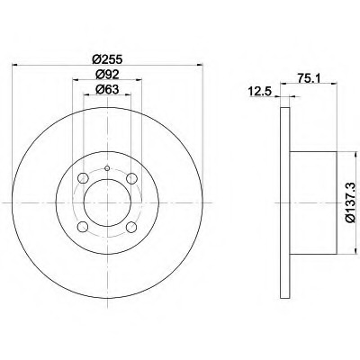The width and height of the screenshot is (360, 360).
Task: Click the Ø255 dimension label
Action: [107, 59]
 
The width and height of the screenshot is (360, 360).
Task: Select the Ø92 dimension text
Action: [107, 74]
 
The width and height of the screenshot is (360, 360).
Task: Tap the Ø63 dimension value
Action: [107, 89]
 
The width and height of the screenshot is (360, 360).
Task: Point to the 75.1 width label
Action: [310, 77]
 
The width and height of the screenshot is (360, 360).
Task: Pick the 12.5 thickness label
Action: [259, 90]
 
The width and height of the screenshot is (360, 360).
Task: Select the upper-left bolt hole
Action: [83, 178]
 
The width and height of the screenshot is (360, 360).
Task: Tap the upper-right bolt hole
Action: [131, 178]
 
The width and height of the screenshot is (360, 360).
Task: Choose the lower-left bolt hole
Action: [83, 227]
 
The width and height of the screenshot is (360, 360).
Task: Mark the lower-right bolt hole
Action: [131, 227]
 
